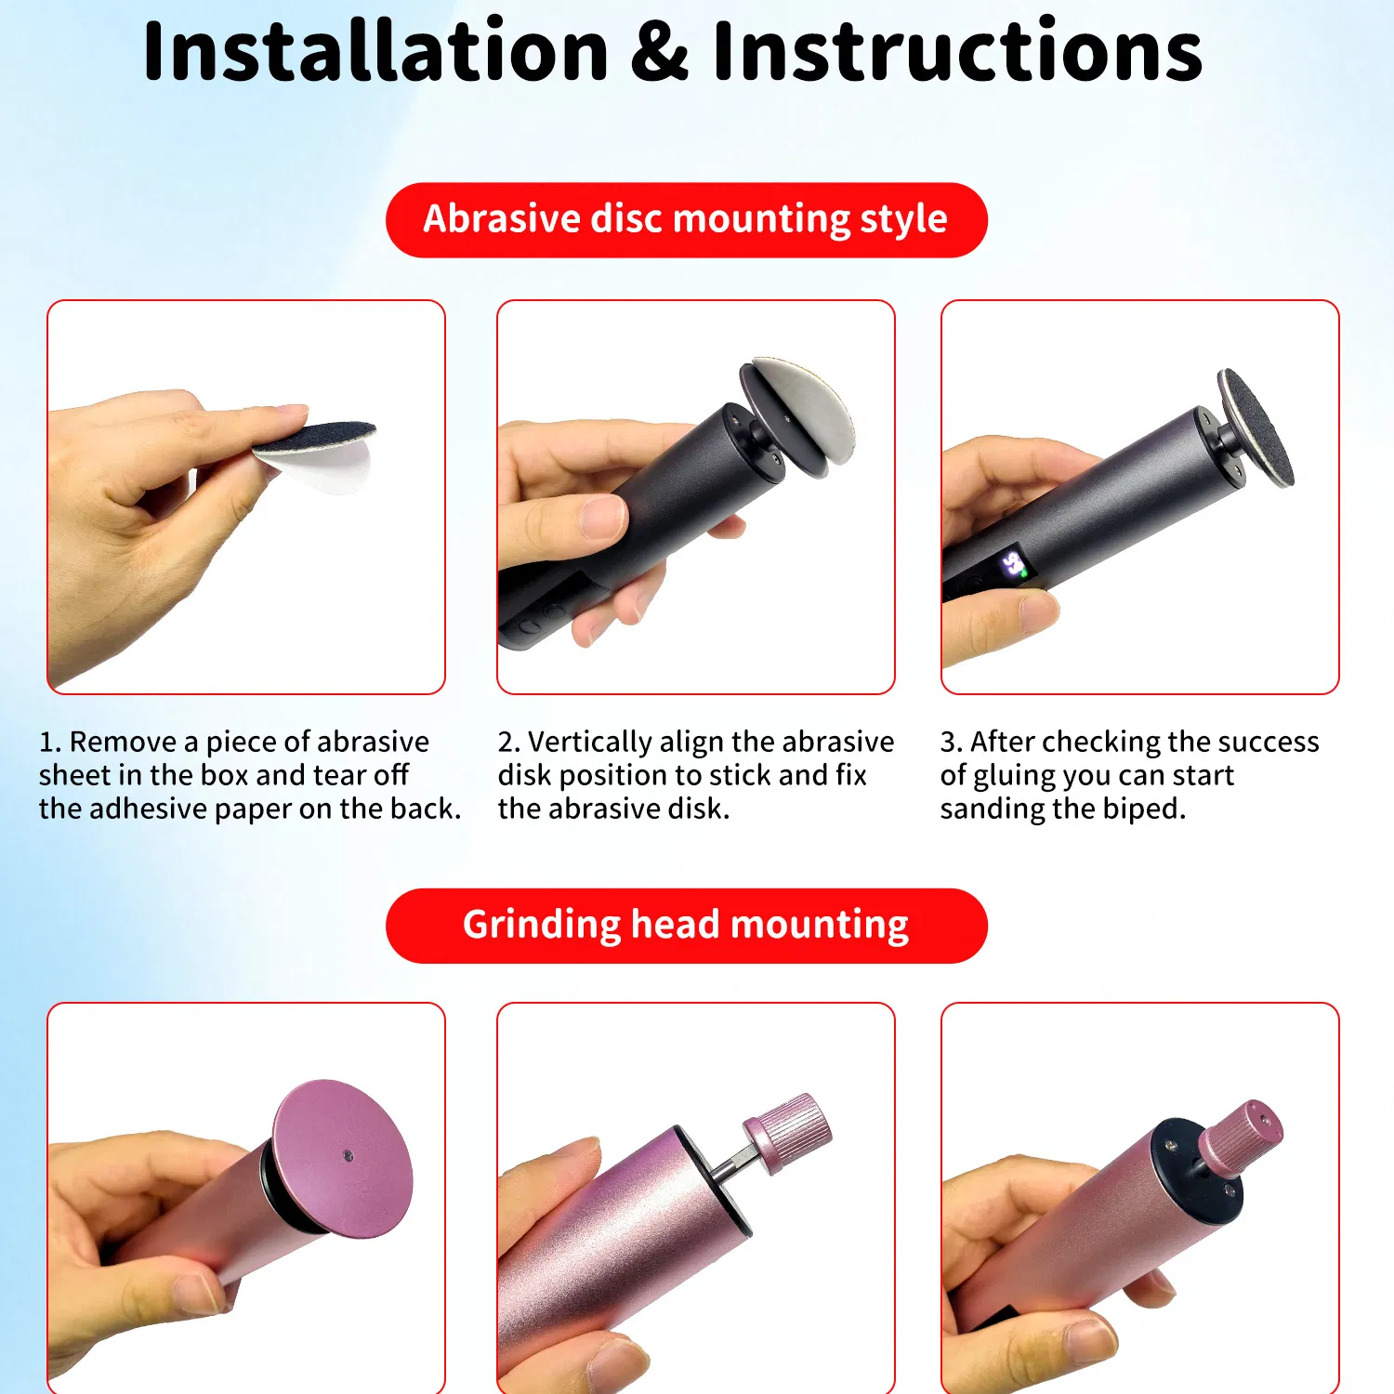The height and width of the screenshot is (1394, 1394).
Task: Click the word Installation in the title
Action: click(375, 52)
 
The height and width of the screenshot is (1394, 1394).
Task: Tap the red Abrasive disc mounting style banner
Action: click(686, 220)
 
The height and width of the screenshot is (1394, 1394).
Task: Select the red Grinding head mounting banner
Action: click(686, 926)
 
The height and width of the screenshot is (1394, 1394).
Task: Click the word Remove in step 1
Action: click(123, 742)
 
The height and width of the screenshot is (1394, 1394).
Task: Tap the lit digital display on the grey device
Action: click(1012, 564)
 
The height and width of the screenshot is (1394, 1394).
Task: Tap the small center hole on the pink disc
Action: click(348, 1156)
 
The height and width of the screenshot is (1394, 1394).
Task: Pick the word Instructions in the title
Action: click(957, 52)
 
